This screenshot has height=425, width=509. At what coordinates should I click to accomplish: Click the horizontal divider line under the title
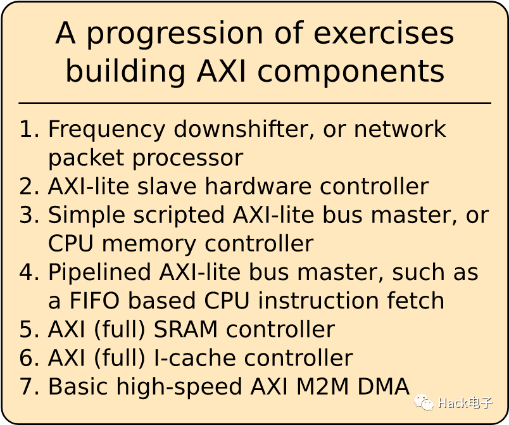254,103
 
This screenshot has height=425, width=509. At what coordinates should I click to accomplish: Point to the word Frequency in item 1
107,129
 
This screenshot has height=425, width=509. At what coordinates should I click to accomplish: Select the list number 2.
28,186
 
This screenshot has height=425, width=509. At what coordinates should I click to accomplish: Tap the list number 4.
28,272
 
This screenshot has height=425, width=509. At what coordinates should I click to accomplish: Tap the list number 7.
28,386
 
